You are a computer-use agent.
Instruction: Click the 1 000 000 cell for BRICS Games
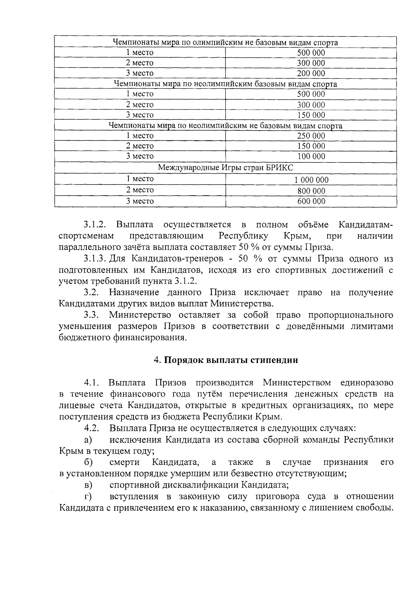pyautogui.click(x=311, y=180)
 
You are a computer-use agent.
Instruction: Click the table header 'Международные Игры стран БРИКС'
pyautogui.click(x=225, y=168)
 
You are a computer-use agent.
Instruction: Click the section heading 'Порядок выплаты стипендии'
pyautogui.click(x=231, y=360)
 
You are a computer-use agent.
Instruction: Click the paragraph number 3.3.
pyautogui.click(x=92, y=315)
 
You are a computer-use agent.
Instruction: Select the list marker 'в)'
pyautogui.click(x=88, y=485)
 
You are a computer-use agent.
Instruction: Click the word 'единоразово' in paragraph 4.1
pyautogui.click(x=366, y=382)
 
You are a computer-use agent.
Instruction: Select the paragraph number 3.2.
pyautogui.click(x=92, y=293)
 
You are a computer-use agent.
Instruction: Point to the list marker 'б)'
pyautogui.click(x=88, y=463)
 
